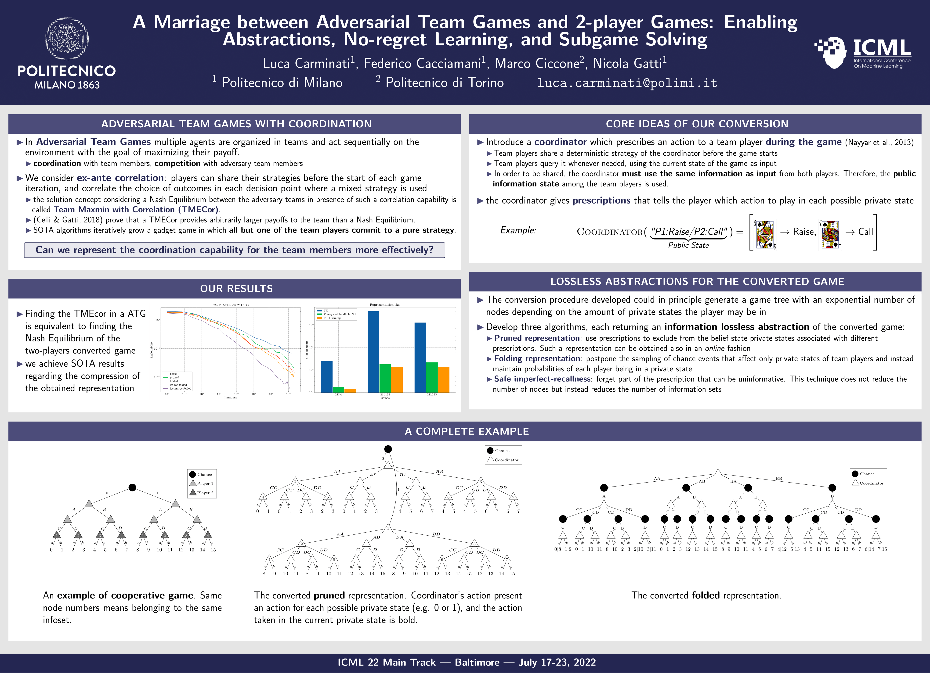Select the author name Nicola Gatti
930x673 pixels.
(x=627, y=64)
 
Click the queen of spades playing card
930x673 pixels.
(x=765, y=234)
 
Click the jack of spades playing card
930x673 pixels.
(x=830, y=234)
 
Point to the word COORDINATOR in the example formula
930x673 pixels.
(x=610, y=232)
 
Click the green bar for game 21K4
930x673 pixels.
(x=338, y=389)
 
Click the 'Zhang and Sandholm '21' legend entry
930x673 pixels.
(x=340, y=314)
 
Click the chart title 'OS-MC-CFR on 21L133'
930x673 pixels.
(x=230, y=305)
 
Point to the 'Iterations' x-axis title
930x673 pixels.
(x=230, y=397)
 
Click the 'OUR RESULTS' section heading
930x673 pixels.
(x=236, y=289)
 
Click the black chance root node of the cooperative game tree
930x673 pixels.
(x=132, y=487)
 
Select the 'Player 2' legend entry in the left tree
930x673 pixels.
(x=205, y=493)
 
